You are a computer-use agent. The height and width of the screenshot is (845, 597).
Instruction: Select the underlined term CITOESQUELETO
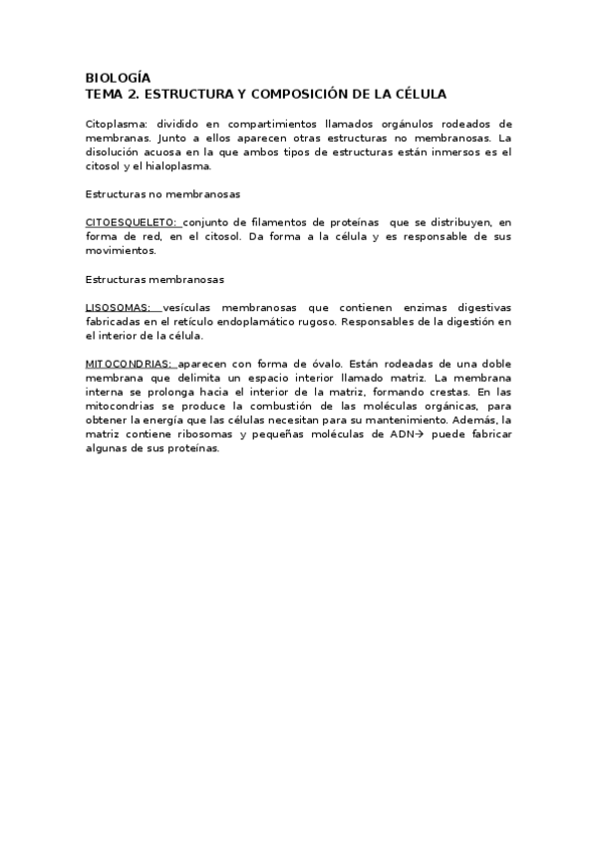131,222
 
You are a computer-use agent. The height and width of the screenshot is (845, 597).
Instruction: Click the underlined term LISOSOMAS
118,308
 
